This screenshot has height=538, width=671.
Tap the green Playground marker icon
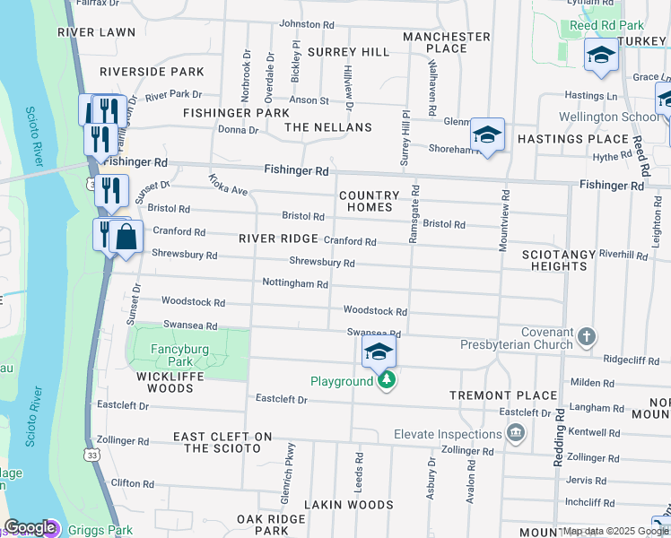click(387, 381)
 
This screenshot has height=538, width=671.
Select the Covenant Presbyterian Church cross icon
click(586, 336)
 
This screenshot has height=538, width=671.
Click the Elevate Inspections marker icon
click(516, 434)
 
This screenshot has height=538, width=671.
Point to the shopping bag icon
click(127, 238)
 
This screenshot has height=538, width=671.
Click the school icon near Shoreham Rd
click(487, 135)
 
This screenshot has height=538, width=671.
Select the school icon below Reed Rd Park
click(601, 56)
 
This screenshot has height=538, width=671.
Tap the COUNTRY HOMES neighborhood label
click(369, 201)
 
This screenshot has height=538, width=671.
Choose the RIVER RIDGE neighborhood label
click(278, 239)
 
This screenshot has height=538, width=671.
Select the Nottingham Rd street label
click(294, 283)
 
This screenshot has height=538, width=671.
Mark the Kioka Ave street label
click(228, 185)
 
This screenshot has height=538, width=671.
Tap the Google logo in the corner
click(30, 528)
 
